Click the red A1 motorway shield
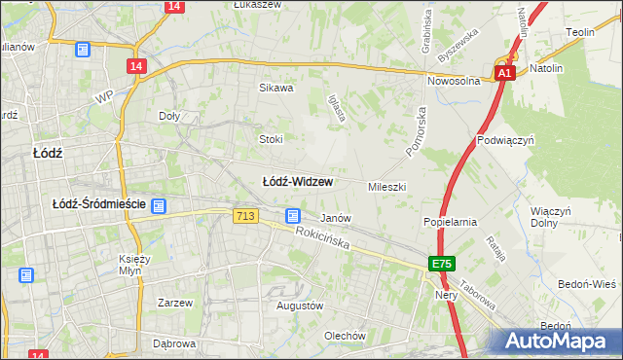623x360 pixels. point(503,73)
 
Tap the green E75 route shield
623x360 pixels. point(443,264)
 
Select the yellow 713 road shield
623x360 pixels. point(246,216)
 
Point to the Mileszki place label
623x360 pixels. point(386,186)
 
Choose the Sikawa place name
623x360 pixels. point(275,88)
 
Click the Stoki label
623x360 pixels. point(271,139)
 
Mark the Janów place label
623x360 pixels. point(336,218)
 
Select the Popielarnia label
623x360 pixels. point(450,222)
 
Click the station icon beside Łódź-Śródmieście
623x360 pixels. point(159,205)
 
